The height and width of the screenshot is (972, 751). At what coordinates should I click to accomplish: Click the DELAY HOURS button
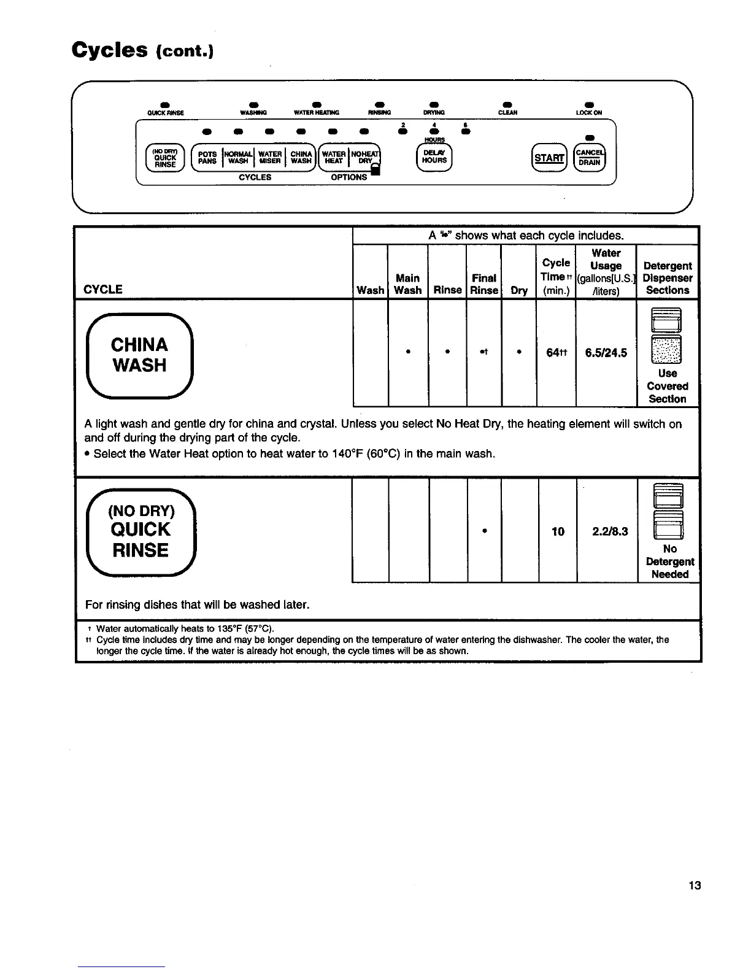point(434,156)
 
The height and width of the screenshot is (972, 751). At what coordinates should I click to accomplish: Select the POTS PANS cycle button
point(207,158)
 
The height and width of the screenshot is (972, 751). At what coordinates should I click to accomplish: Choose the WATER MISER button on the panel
point(270,158)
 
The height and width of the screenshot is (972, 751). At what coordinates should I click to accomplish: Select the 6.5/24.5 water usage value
point(606,353)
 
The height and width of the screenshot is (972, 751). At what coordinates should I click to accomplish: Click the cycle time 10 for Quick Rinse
point(557,531)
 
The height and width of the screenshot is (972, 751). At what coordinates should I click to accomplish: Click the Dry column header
point(519,290)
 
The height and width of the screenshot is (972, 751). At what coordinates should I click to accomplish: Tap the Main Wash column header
point(408,284)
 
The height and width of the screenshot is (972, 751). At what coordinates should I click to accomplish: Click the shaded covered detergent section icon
point(667,350)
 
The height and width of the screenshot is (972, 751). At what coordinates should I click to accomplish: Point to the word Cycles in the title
point(109,49)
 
